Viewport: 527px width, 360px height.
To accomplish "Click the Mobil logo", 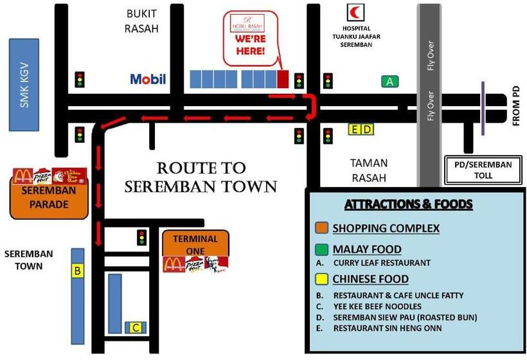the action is [x=148, y=79].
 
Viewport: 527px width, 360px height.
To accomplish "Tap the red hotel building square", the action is [x=283, y=79].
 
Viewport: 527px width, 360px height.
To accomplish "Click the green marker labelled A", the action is [x=389, y=81].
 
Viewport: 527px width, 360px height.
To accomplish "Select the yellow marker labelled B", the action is [x=77, y=271].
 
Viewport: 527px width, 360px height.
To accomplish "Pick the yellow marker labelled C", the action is [x=136, y=328].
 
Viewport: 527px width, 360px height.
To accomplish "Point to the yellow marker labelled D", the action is [x=367, y=129].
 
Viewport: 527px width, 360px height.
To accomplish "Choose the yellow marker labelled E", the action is [x=355, y=129].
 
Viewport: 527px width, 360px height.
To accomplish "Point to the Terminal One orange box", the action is [x=195, y=244].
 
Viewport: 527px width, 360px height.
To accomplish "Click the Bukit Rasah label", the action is [x=142, y=21].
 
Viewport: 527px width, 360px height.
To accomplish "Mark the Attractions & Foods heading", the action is [x=408, y=204].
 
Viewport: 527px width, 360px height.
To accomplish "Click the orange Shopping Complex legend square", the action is [x=321, y=228].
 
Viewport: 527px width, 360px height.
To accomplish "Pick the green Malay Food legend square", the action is [x=321, y=249].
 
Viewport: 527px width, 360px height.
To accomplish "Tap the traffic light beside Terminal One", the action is [x=141, y=237].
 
